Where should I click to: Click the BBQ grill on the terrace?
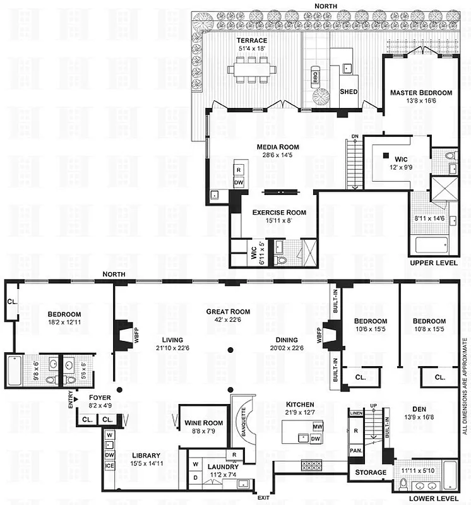point(315,77)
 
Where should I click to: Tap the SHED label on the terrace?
point(349,92)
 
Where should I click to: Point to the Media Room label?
point(277,147)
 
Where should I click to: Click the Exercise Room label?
point(279,213)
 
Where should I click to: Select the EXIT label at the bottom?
point(263,498)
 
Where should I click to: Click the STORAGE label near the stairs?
point(370,472)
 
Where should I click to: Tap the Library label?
point(146,455)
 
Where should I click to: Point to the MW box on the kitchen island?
point(316,427)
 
